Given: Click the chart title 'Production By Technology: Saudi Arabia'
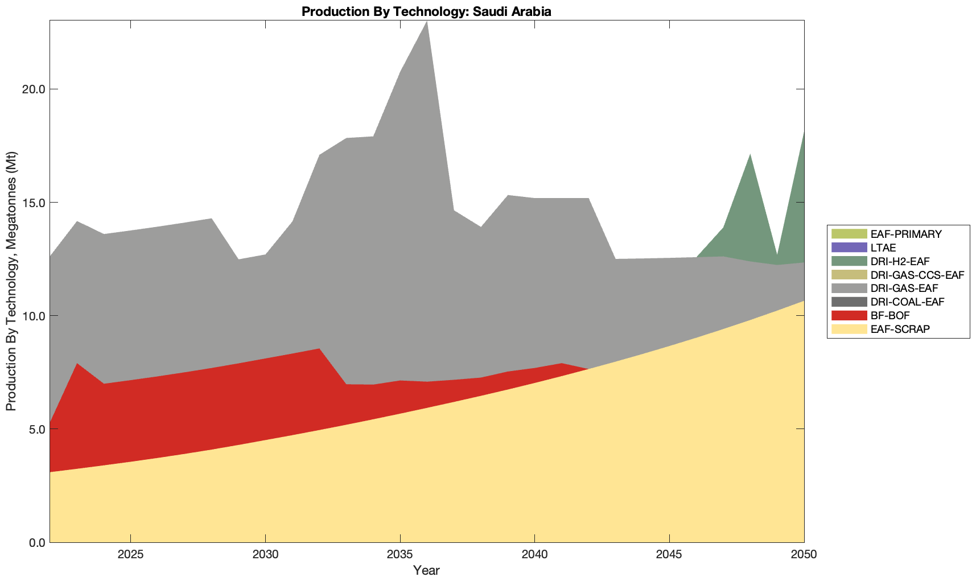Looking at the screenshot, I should click(x=426, y=11).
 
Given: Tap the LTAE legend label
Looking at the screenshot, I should click(x=883, y=248).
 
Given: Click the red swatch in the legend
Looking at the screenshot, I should click(x=849, y=316).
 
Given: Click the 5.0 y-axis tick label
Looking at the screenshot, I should click(x=36, y=429).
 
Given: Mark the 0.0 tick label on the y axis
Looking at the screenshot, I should click(x=36, y=542).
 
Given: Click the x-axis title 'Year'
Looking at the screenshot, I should click(x=426, y=570).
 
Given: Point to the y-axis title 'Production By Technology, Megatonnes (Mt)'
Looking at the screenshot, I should click(x=11, y=281).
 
